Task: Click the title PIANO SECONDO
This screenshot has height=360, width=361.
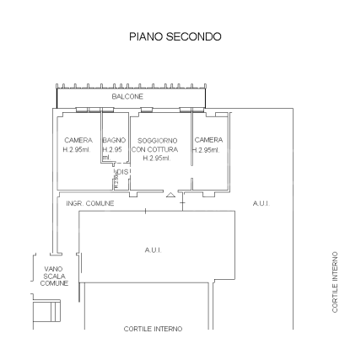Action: [175, 37]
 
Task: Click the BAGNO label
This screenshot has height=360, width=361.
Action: [114, 140]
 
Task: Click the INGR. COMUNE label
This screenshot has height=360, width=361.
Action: [84, 203]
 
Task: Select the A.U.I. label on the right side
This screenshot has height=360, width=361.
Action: [260, 203]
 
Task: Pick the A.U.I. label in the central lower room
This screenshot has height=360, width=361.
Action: [153, 250]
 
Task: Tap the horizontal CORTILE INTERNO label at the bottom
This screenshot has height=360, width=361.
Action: [153, 329]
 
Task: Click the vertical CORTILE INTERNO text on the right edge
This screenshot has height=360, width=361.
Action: [335, 282]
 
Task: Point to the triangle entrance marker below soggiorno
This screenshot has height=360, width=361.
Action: [171, 195]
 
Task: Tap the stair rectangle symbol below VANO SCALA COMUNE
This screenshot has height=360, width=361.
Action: [46, 310]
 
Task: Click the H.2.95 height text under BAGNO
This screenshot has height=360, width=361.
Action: [113, 149]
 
